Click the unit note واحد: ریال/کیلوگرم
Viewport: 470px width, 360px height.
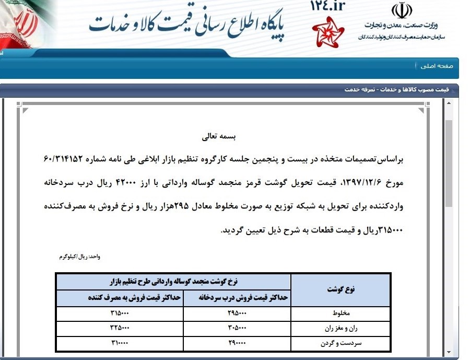click(79, 257)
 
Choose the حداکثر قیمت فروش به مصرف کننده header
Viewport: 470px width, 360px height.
click(134, 298)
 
